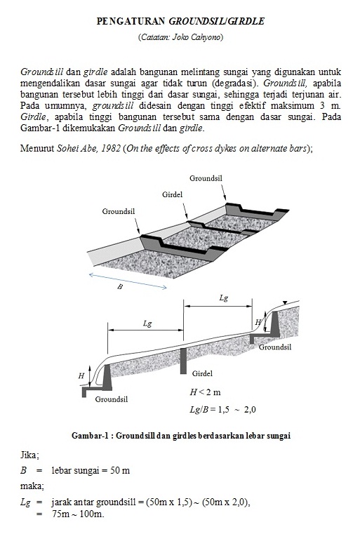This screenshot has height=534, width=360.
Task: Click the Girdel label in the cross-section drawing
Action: [201, 373]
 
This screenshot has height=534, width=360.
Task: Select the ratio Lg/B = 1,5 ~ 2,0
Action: [222, 409]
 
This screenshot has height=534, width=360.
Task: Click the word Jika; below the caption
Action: [30, 455]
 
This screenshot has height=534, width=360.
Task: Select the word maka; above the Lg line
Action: [32, 486]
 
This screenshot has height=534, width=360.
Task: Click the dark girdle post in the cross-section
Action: [182, 361]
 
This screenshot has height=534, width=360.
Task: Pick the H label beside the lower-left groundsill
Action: [81, 376]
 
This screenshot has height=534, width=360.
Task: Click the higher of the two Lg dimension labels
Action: [223, 298]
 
